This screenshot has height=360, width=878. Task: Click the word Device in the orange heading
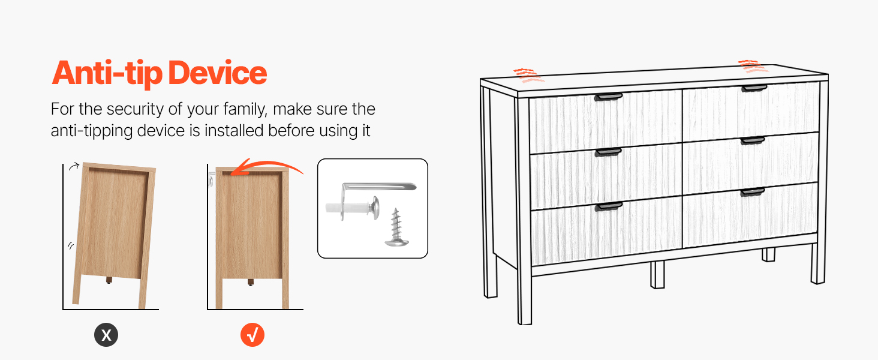218,73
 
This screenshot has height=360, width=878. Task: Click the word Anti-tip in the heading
107,73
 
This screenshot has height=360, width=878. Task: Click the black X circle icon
106,335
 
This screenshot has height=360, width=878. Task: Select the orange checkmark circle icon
252,335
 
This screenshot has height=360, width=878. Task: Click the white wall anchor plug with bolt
352,206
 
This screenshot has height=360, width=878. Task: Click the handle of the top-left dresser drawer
608,97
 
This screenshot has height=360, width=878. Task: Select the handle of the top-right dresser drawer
754,88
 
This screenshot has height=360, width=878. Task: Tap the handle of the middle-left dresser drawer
608,152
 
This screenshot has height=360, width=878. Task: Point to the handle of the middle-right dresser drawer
753,140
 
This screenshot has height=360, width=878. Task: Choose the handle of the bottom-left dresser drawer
609,206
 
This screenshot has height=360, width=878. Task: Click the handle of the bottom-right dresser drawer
753,192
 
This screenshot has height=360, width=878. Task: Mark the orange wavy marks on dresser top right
753,67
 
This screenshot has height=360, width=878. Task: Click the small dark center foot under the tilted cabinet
109,280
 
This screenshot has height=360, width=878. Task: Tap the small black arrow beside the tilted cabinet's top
74,166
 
